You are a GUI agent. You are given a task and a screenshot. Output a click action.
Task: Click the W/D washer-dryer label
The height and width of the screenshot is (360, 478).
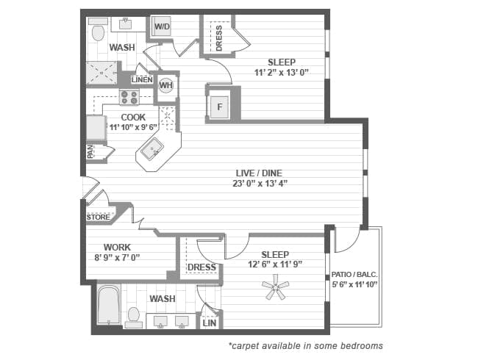pos(163,28)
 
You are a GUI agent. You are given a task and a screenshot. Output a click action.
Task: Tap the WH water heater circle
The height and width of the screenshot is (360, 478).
pos(167,86)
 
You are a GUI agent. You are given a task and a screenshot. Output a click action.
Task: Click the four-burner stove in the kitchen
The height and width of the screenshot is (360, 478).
pos(129,97)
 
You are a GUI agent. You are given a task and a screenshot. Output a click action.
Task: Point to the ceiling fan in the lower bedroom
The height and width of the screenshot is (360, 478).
pos(276,287)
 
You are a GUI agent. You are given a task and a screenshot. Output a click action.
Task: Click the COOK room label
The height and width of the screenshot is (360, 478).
pos(133,117)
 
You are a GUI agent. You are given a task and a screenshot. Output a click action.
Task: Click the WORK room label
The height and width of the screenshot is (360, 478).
pos(117,247)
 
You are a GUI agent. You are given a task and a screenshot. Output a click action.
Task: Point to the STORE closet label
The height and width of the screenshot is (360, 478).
pos(98,217)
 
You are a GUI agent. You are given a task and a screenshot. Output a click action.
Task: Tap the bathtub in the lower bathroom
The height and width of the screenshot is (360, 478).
pos(109,306)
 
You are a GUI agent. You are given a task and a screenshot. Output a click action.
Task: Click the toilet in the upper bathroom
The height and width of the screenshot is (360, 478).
pos(98,32)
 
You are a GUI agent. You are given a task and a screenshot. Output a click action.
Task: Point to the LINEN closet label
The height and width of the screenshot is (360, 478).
pos(142,79)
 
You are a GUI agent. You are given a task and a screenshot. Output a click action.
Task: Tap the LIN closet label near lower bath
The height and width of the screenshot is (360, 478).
pos(209,322)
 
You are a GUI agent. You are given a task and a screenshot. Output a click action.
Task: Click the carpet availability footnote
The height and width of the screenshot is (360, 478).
pos(305,345)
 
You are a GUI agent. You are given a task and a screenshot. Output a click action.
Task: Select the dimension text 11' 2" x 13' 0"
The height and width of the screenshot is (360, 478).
pos(282,73)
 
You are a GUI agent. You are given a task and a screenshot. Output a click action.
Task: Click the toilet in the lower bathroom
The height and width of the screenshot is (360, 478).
pos(134,316)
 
